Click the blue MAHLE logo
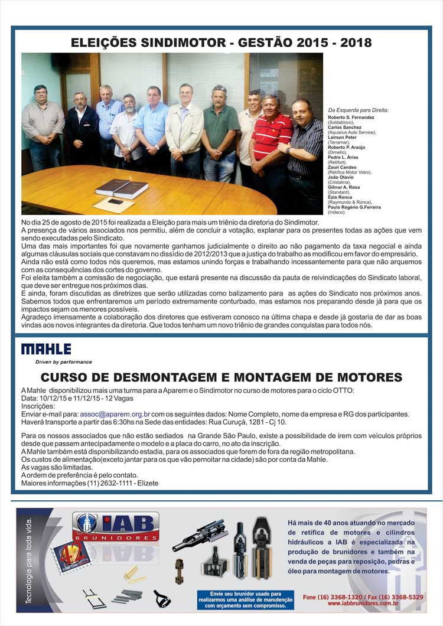pos(46,349)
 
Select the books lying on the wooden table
pos(121,189)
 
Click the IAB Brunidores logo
pos(116,526)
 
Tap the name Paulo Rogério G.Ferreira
pos(354,207)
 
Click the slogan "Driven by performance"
pos(56,362)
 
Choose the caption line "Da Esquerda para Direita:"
pos(363,110)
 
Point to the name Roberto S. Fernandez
pos(351,118)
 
